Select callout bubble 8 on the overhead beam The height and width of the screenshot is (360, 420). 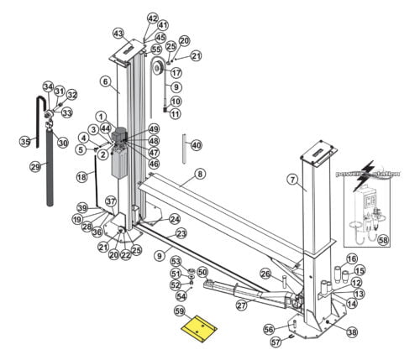201,174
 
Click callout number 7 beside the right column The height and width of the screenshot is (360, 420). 292,179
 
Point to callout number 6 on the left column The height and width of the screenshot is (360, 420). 105,81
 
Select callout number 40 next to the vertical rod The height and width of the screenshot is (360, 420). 196,145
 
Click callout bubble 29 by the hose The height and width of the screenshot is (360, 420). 34,167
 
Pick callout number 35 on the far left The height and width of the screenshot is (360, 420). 25,142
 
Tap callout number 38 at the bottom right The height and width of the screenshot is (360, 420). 351,332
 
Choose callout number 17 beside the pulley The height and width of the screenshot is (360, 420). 176,73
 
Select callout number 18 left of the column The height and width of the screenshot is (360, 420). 81,177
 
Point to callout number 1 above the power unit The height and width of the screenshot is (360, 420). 100,116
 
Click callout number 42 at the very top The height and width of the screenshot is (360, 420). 152,18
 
